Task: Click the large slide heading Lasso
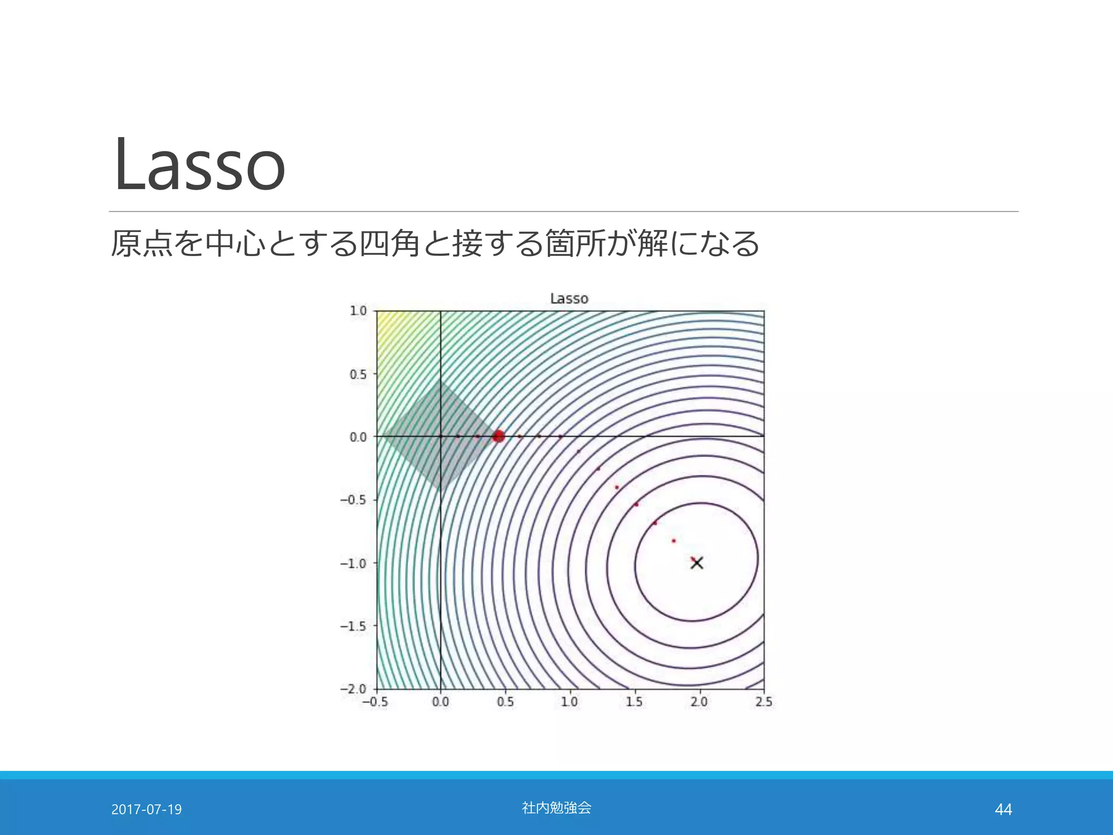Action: pyautogui.click(x=199, y=164)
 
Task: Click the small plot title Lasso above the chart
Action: pyautogui.click(x=569, y=298)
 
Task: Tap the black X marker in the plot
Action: pyautogui.click(x=697, y=563)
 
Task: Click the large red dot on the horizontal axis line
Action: pyautogui.click(x=498, y=436)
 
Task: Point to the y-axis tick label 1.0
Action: pyautogui.click(x=358, y=311)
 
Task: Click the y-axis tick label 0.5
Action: pyautogui.click(x=358, y=375)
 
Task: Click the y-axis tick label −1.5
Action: pyautogui.click(x=353, y=626)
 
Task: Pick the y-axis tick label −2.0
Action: pyautogui.click(x=353, y=689)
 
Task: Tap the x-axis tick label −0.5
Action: pyautogui.click(x=375, y=702)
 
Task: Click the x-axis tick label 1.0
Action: pyautogui.click(x=570, y=702)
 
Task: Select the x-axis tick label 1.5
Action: pyautogui.click(x=634, y=702)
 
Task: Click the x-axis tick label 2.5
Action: pyautogui.click(x=764, y=702)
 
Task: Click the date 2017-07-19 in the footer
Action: pyautogui.click(x=146, y=809)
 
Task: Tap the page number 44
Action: pyautogui.click(x=1003, y=809)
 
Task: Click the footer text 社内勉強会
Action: pyautogui.click(x=556, y=808)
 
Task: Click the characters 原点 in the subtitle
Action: pyautogui.click(x=141, y=243)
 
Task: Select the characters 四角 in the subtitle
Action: pyautogui.click(x=389, y=243)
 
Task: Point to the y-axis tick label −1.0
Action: pyautogui.click(x=353, y=563)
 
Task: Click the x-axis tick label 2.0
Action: pyautogui.click(x=699, y=702)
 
